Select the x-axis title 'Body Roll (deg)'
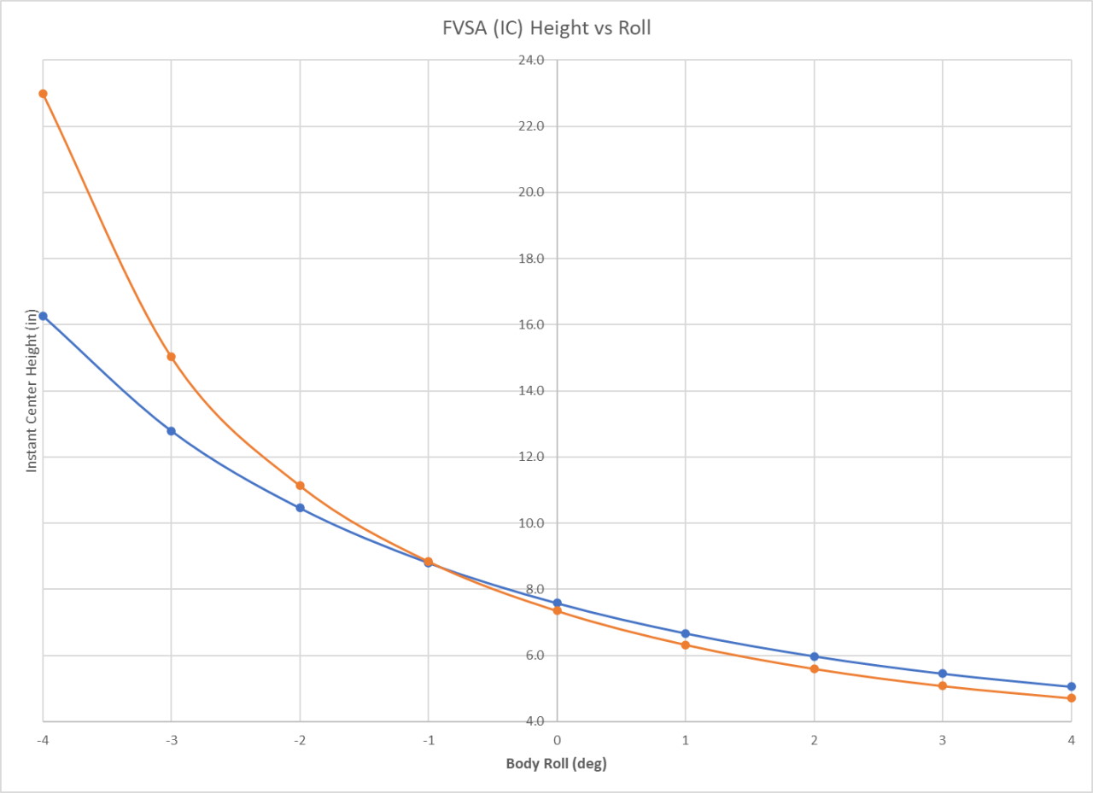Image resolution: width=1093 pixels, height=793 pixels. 556,763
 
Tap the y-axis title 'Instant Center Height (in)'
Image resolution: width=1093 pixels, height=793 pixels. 32,390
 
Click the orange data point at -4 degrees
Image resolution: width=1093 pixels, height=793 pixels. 43,94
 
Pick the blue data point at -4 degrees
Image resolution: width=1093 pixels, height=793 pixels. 43,316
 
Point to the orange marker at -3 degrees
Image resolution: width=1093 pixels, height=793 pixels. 172,357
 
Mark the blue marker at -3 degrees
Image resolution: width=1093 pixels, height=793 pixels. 172,431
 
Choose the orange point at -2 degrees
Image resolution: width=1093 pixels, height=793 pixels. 300,486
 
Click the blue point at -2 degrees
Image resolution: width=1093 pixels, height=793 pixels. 300,508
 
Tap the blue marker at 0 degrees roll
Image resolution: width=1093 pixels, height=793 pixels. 557,603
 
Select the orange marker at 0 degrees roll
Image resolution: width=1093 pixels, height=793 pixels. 557,611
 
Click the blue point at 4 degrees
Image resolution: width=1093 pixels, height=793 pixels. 1071,686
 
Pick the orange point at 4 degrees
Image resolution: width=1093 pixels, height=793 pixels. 1071,698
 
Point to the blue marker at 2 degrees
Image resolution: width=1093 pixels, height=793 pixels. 814,656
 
